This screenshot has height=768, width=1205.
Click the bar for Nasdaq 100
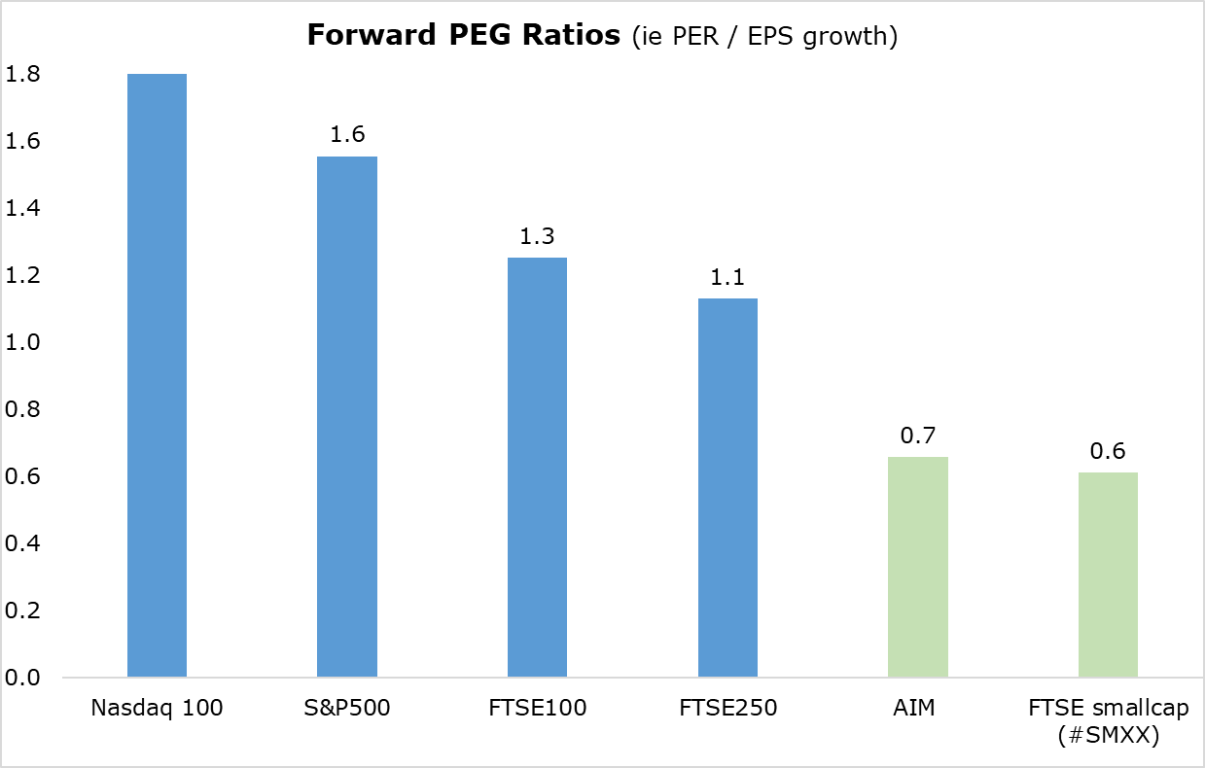(x=157, y=375)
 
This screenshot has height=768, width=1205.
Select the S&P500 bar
(x=347, y=416)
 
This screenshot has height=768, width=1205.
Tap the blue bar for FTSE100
(x=537, y=467)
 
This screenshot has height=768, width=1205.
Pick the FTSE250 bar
(x=727, y=487)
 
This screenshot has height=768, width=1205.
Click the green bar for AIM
(x=918, y=567)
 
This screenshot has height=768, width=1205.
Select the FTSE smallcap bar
(x=1108, y=575)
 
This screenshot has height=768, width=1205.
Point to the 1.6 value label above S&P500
(x=347, y=134)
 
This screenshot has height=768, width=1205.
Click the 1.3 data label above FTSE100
(x=537, y=236)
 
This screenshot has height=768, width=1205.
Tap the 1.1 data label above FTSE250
(x=727, y=277)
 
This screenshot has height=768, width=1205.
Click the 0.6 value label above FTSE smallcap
(x=1108, y=451)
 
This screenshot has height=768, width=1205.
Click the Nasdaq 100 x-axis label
(x=157, y=708)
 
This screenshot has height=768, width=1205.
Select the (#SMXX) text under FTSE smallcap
(x=1108, y=736)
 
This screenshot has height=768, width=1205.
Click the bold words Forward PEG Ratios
(x=463, y=36)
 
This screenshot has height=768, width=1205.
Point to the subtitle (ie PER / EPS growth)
(x=764, y=37)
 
